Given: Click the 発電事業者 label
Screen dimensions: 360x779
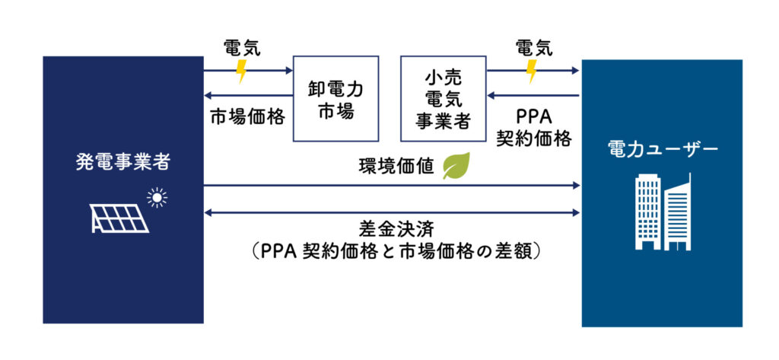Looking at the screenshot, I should point(122,162).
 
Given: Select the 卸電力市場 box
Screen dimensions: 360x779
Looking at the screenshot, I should point(335,99).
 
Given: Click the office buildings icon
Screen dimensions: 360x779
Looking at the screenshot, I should point(662,211).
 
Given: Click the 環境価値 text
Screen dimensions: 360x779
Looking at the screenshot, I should point(396,166).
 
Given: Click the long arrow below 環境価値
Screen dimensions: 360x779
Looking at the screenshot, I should point(392,185).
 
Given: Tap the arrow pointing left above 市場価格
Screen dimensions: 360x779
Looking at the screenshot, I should point(248,96).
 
